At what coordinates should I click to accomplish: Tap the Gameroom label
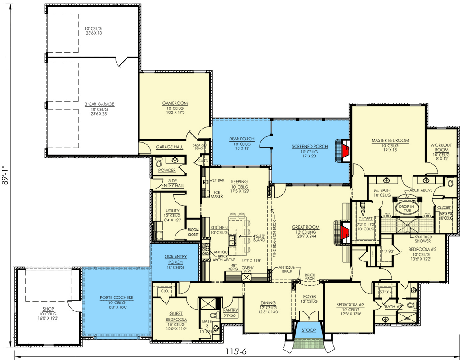(175, 103)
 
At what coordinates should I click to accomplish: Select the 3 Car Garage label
(99, 104)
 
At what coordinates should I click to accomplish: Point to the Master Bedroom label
(390, 141)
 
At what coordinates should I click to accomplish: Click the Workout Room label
(441, 148)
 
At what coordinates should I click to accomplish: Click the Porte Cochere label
(116, 297)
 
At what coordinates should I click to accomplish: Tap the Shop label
(48, 309)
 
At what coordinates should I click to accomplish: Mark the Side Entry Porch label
(175, 259)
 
